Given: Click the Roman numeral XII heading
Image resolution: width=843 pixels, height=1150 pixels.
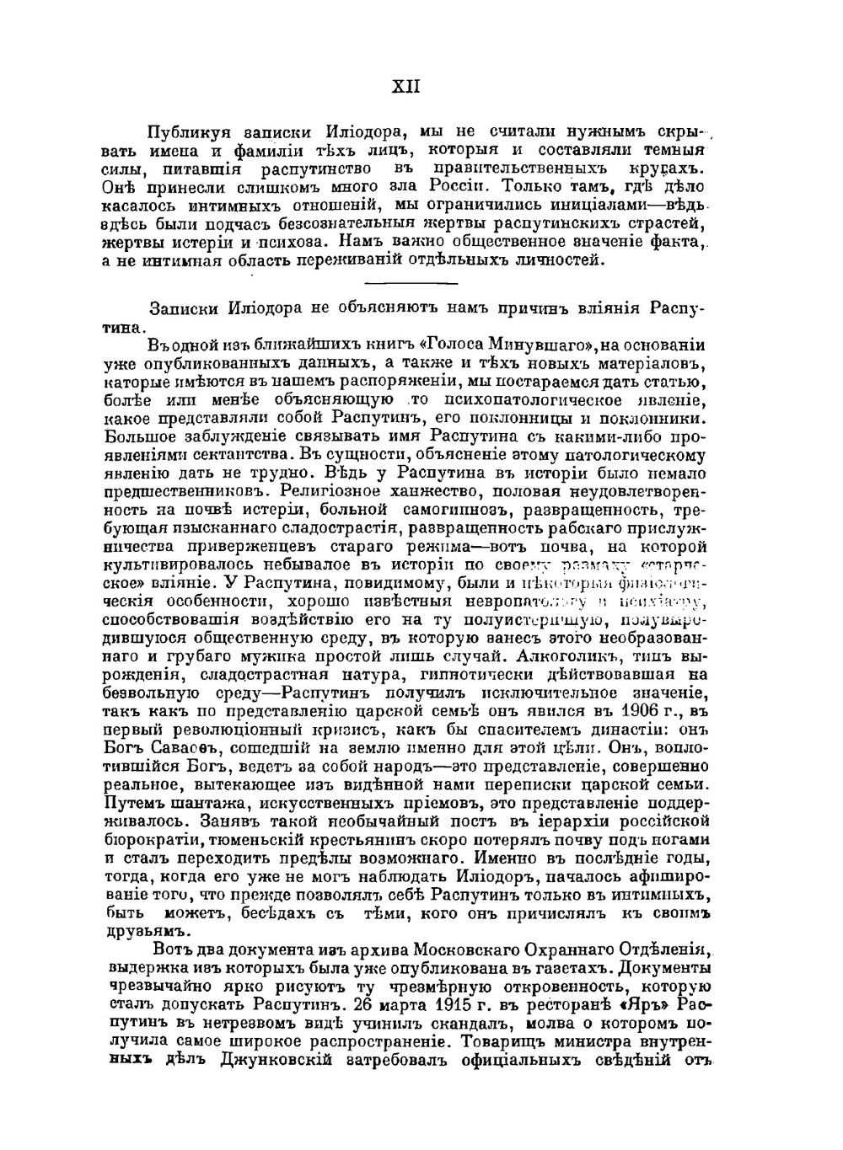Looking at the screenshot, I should (406, 87).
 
